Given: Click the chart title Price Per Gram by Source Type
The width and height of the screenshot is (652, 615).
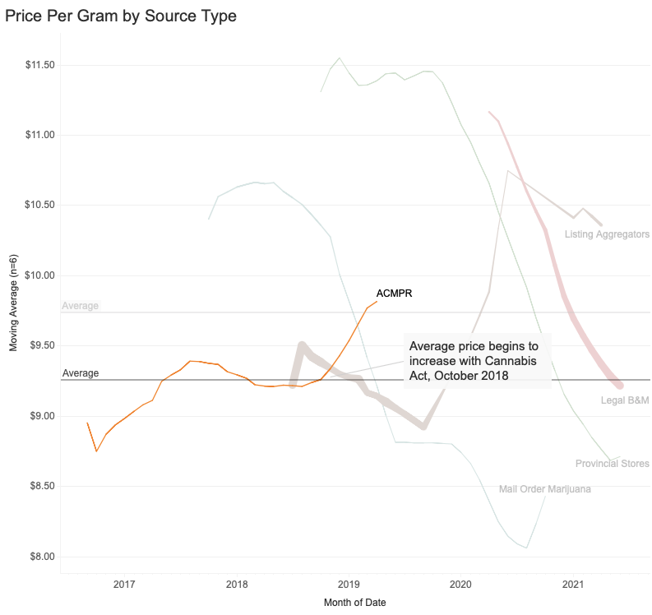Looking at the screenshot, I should pyautogui.click(x=121, y=16).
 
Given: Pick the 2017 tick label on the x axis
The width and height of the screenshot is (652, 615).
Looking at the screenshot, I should pyautogui.click(x=124, y=585).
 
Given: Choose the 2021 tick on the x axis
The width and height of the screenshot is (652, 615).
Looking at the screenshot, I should pyautogui.click(x=573, y=585).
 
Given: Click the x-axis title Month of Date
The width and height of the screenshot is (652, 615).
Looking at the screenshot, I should pyautogui.click(x=355, y=603).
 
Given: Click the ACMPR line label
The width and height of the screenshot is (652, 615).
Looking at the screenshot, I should pyautogui.click(x=394, y=294).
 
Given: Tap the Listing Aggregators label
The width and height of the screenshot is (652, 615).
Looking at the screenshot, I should pyautogui.click(x=607, y=235).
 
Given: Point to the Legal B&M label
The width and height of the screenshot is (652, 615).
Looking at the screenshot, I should pyautogui.click(x=625, y=401).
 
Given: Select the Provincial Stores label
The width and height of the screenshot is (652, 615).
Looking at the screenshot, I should pyautogui.click(x=613, y=464).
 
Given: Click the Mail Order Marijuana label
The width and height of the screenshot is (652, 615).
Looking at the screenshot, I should pyautogui.click(x=545, y=490).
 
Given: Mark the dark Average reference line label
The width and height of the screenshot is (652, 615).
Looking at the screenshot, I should pyautogui.click(x=81, y=373).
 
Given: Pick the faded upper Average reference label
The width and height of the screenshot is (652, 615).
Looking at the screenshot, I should pyautogui.click(x=81, y=306).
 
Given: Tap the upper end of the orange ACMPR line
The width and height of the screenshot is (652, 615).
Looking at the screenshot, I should pyautogui.click(x=377, y=302).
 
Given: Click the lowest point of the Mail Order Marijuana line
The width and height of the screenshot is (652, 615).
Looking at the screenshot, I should pyautogui.click(x=526, y=548).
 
